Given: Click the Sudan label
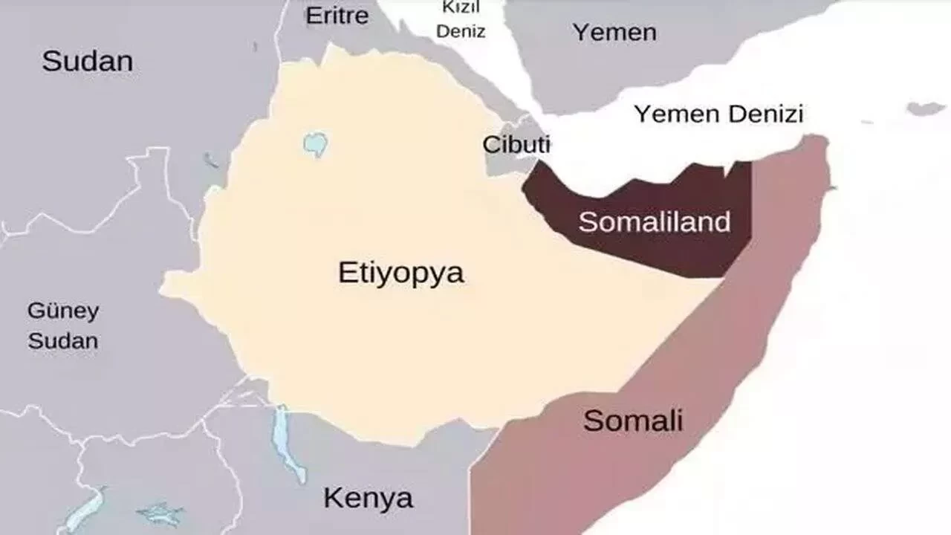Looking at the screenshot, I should pos(87,61).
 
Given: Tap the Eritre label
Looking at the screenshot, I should pos(337,16).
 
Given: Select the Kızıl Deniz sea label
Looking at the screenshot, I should pos(461,20).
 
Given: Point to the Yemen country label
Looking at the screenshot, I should pos(614,32).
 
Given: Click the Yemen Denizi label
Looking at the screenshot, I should pos(718,114).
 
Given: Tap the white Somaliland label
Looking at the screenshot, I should pos(655,221).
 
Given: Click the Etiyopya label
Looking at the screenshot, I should pos(401,273).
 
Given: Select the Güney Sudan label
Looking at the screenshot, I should pos(63,326).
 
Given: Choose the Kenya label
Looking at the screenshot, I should pos(368,497).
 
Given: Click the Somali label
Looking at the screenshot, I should pos(633,421).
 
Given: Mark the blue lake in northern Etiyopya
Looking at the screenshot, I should pos(316,143).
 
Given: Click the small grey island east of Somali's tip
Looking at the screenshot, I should pos(925,108).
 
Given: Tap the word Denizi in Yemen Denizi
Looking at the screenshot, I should pos(767,114).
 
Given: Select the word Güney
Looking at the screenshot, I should pos(63,311).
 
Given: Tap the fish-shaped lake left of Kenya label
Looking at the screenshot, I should pos(160,513).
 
